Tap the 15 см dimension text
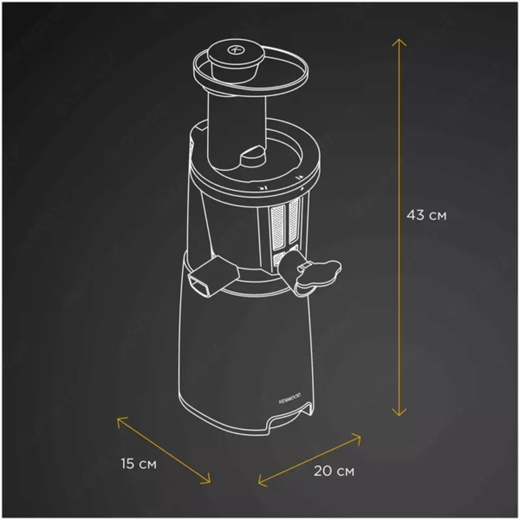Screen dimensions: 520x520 click(x=138, y=464)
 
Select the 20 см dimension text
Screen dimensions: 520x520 click(x=334, y=471)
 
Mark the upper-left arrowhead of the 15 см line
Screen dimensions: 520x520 click(x=120, y=421)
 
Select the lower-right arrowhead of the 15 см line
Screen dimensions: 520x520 click(x=208, y=480)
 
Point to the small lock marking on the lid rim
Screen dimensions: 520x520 click(x=264, y=189)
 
